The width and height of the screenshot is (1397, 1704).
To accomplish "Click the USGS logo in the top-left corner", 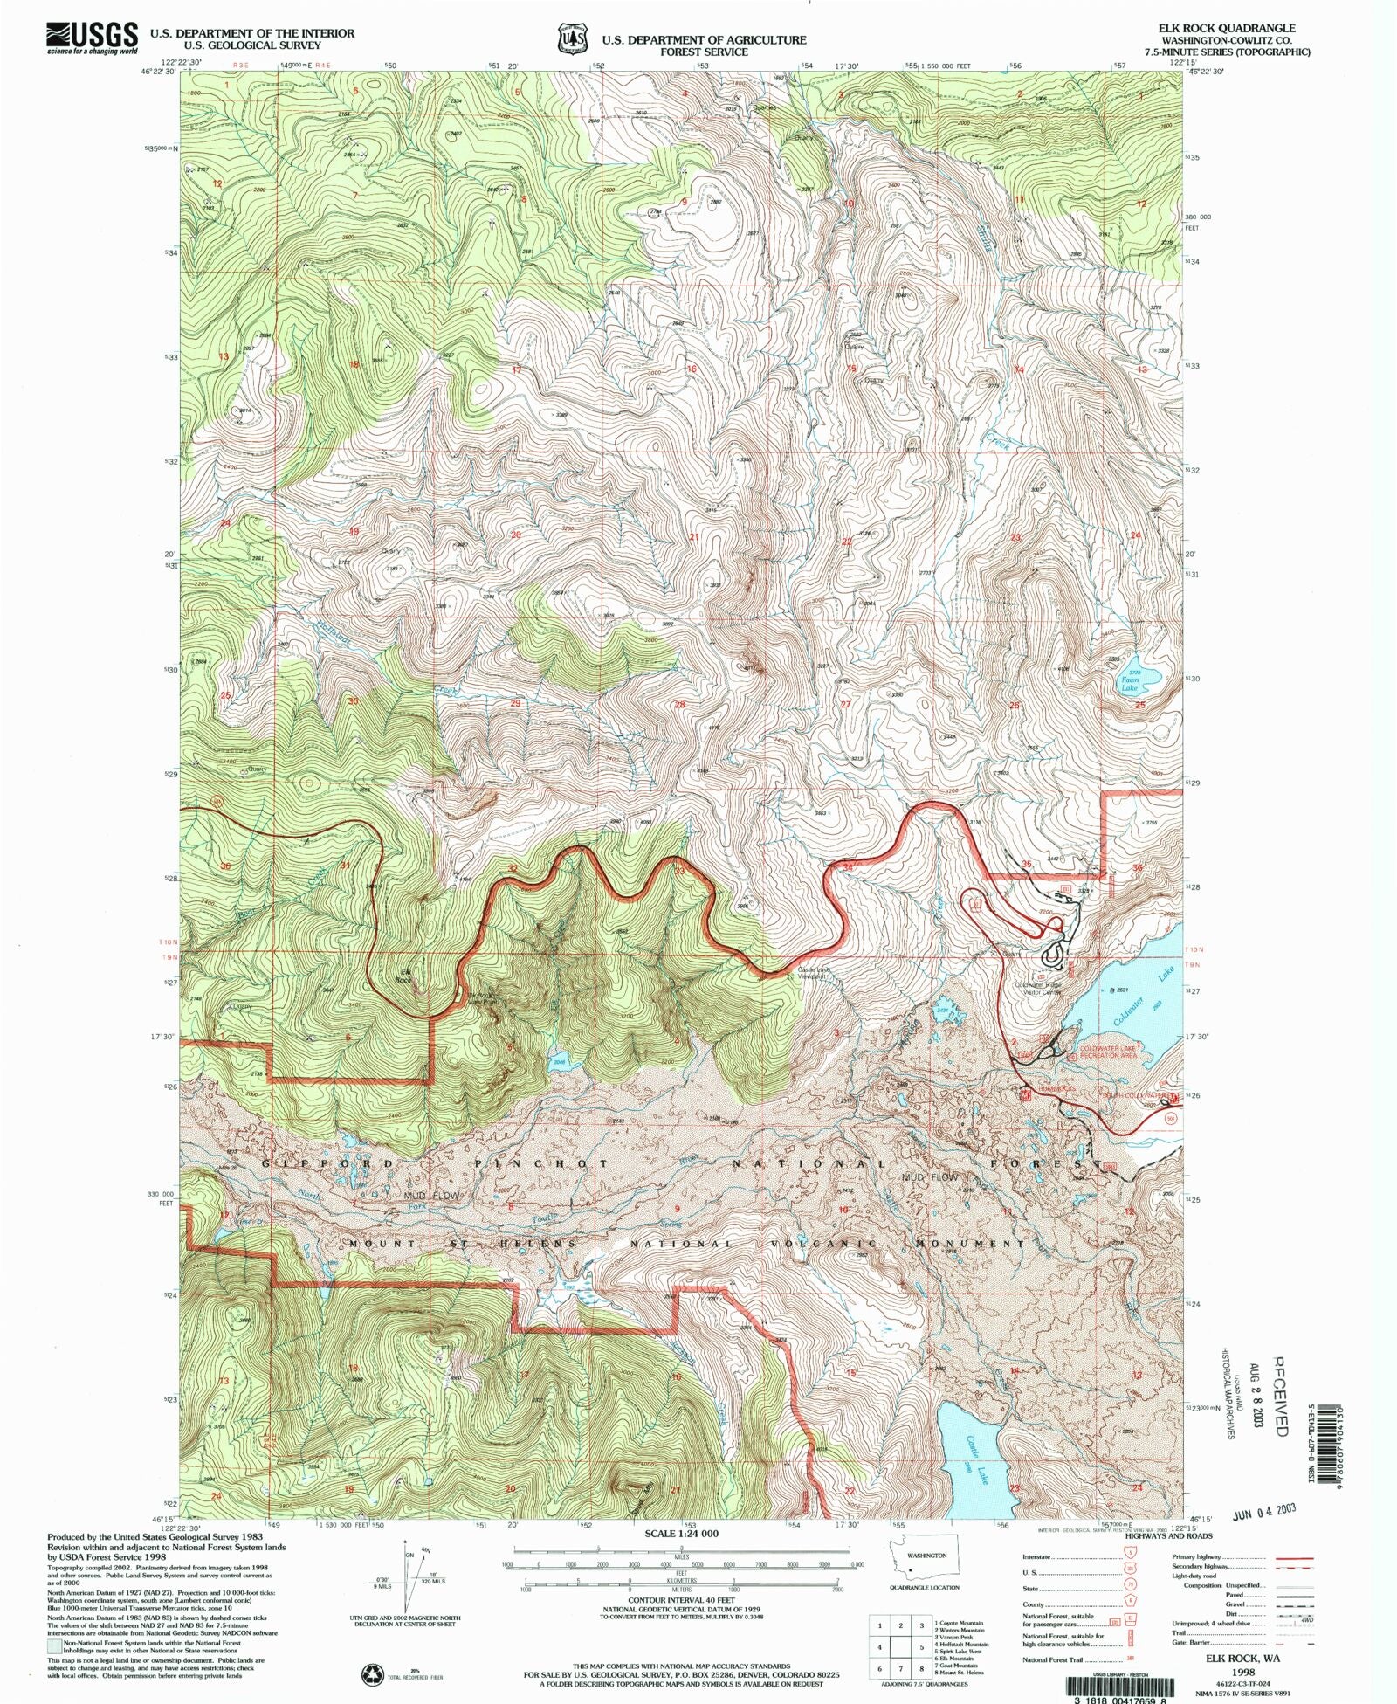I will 92,38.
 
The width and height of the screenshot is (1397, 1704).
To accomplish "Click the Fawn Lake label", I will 1130,683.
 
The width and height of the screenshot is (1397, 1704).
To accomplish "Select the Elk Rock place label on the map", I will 403,976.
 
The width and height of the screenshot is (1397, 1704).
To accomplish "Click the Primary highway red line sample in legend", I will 1291,1556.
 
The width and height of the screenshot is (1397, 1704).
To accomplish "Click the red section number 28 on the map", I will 679,704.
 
